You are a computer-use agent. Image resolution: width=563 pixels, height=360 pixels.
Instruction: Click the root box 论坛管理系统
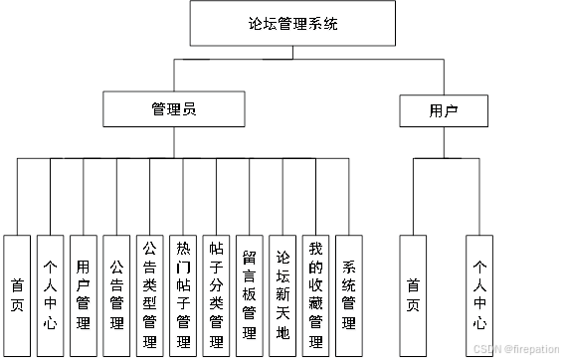coord(292,23)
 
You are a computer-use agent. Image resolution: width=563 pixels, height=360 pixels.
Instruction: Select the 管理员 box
coord(174,109)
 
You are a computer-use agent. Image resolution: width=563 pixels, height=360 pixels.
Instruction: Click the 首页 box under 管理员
coord(17,295)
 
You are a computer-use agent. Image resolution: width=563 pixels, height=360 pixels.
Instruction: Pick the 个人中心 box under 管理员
coord(50,295)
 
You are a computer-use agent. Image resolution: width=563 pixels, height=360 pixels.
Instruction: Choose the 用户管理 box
coord(84,295)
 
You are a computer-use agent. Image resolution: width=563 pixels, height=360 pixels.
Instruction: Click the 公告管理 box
coord(116,295)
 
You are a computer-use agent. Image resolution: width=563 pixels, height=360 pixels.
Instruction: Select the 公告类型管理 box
coord(150,295)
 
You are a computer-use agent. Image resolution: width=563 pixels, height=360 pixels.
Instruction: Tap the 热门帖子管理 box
coord(183,295)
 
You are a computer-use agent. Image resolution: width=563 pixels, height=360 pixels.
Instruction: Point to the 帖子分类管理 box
coord(216,295)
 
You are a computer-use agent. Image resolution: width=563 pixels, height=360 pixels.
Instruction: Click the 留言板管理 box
coord(250,295)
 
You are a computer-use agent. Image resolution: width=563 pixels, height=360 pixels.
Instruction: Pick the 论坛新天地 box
coord(282,295)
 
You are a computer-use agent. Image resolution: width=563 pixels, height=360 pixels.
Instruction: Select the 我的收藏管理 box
coord(316,295)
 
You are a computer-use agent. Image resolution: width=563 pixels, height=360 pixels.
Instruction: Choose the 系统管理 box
coord(349,295)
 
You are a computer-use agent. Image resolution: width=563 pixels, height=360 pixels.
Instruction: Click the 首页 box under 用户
coord(414,295)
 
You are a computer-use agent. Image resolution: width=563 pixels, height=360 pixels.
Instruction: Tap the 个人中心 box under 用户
coord(480,295)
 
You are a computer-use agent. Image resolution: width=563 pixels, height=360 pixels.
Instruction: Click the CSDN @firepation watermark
coord(514,349)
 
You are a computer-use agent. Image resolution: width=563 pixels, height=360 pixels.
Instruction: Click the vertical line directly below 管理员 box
coord(174,143)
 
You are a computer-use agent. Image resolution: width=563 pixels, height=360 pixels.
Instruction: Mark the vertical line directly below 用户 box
coord(444,143)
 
